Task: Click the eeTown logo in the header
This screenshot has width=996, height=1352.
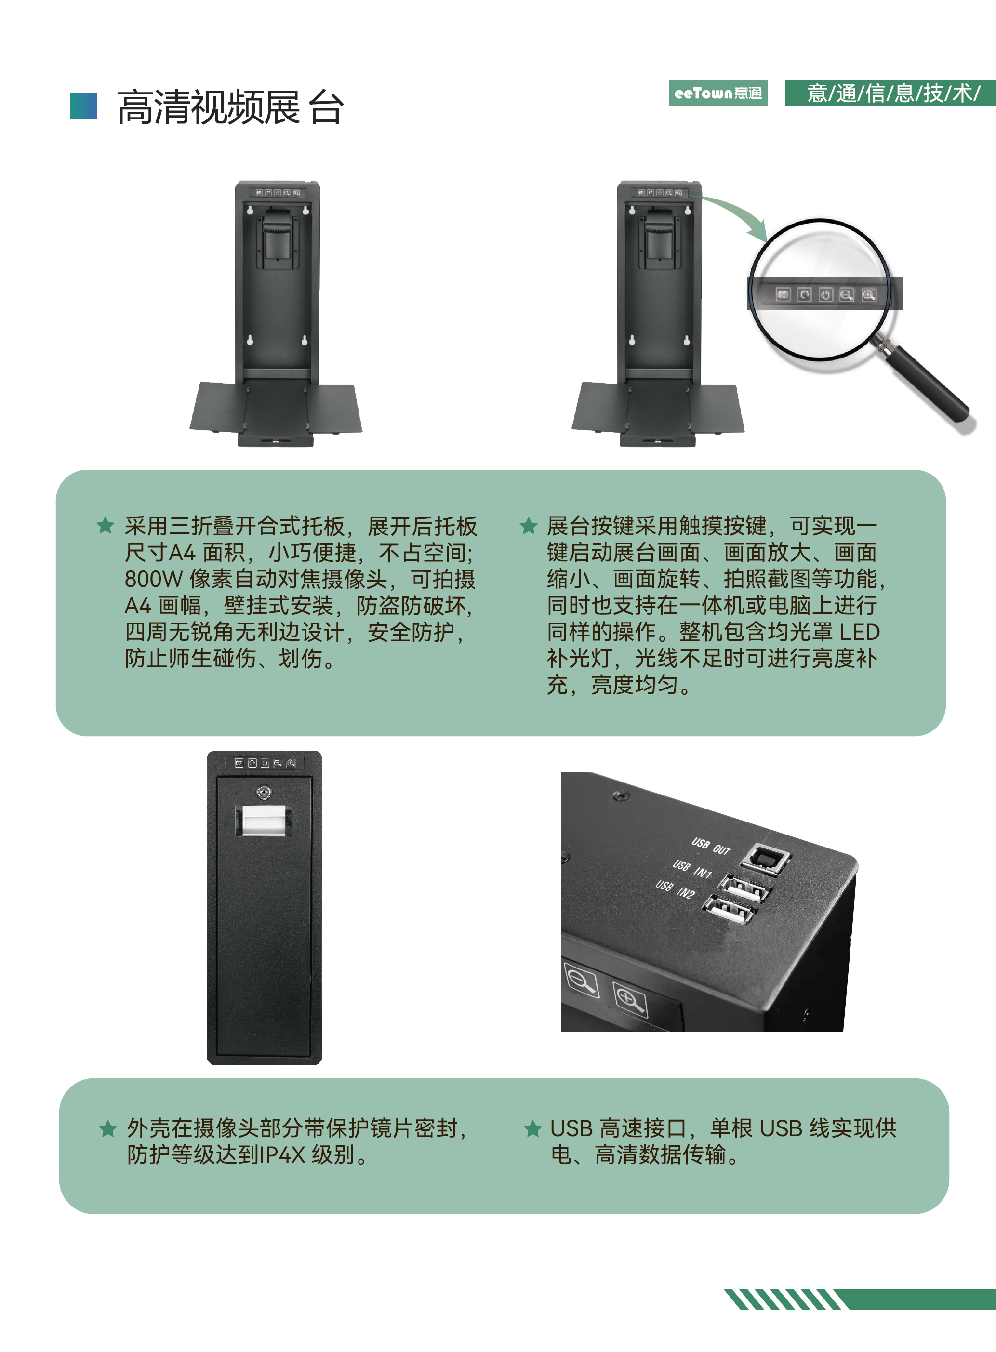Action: [717, 93]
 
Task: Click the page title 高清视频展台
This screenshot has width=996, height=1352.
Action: [230, 107]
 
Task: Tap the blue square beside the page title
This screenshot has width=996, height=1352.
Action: [83, 106]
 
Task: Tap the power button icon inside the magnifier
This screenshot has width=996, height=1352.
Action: [825, 294]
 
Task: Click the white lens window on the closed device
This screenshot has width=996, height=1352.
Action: [264, 821]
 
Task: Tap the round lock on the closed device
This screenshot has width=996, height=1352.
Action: [264, 792]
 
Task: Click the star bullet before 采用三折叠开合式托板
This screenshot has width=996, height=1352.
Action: [106, 525]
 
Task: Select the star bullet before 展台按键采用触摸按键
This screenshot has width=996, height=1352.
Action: [529, 525]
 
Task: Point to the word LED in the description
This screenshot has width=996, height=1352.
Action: [860, 632]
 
